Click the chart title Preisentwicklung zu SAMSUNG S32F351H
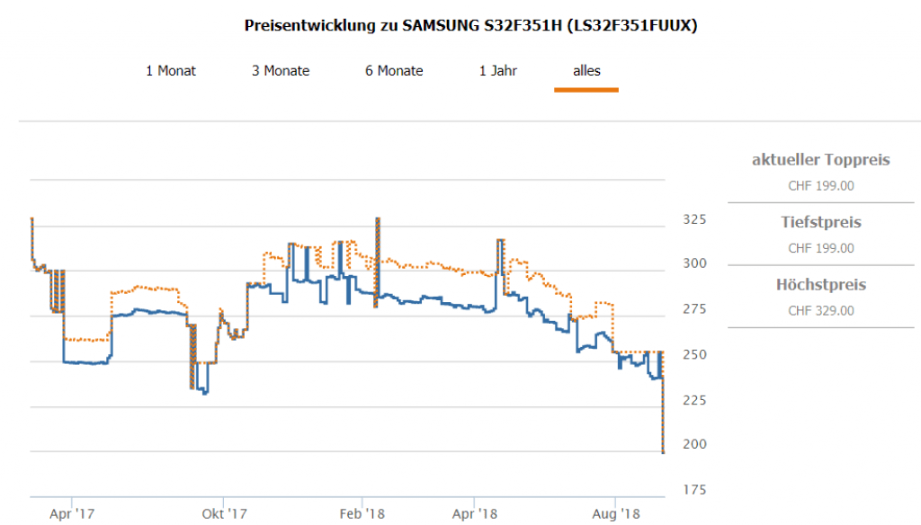pos(470,25)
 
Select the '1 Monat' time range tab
pos(171,71)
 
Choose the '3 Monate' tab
pos(281,71)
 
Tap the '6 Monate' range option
pos(394,71)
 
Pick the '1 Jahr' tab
pos(498,71)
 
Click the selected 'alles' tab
pos(586,71)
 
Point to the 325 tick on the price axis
pos(695,219)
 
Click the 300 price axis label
pos(695,264)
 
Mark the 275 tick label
pos(695,310)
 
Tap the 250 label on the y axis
pos(695,355)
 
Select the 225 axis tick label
pos(695,400)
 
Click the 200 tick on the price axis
pos(695,445)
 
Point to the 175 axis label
pos(695,490)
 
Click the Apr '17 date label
pos(72,514)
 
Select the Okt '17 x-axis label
pos(224,514)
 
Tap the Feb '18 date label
pos(362,514)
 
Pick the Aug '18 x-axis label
pos(616,514)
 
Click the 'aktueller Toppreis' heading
pos(820,160)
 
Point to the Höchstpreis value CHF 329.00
pos(820,311)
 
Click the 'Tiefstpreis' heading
pos(820,222)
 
